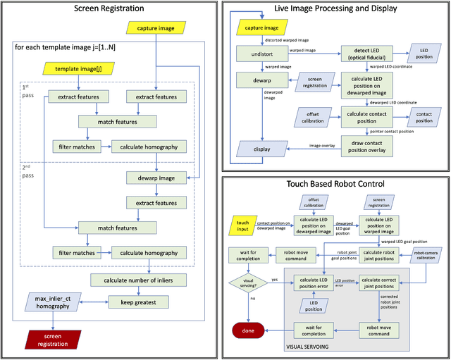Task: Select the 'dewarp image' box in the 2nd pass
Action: pyautogui.click(x=161, y=178)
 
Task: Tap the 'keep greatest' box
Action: pyautogui.click(x=142, y=302)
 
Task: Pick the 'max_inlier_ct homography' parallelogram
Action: pyautogui.click(x=53, y=301)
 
